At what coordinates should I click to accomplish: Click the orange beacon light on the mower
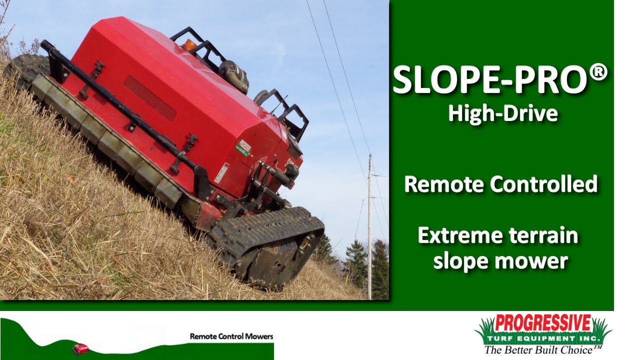coord(189,45)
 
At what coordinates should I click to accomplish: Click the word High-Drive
coord(502,113)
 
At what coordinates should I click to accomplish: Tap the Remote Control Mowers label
coord(231,336)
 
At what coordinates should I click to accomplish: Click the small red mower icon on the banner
coord(80,348)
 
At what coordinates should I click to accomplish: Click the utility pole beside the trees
coord(370,225)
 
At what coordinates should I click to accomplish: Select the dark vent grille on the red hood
coord(149,98)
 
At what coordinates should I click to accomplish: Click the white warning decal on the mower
coord(221,173)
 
